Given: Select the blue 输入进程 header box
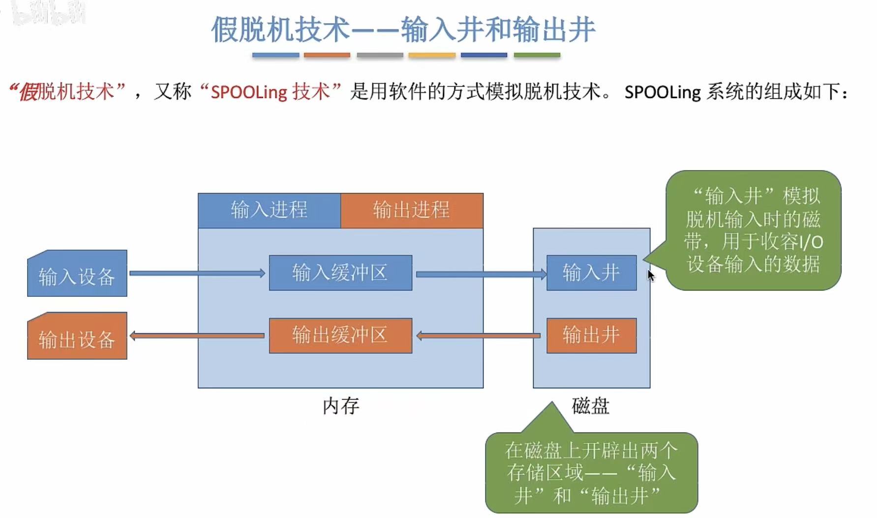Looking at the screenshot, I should pyautogui.click(x=269, y=210).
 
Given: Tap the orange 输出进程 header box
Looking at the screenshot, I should pyautogui.click(x=412, y=210).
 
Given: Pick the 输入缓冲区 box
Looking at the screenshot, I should pyautogui.click(x=340, y=273).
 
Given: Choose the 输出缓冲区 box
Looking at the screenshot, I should pyautogui.click(x=340, y=336).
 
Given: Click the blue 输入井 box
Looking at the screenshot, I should pyautogui.click(x=591, y=273).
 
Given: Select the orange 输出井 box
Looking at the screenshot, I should pyautogui.click(x=591, y=336).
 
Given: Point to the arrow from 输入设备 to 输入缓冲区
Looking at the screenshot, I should pyautogui.click(x=197, y=273).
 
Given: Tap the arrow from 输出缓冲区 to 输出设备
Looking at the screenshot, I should pyautogui.click(x=197, y=336).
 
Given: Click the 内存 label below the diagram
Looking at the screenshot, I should pyautogui.click(x=341, y=406).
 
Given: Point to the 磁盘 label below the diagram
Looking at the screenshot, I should pyautogui.click(x=591, y=406).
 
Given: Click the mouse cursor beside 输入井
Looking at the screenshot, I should pyautogui.click(x=650, y=275).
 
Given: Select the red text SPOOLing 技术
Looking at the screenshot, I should pyautogui.click(x=270, y=92).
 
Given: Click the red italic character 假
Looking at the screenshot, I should pyautogui.click(x=28, y=92).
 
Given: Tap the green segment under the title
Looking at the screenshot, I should pyautogui.click(x=537, y=56).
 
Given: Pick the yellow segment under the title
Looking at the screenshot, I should pyautogui.click(x=432, y=56).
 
